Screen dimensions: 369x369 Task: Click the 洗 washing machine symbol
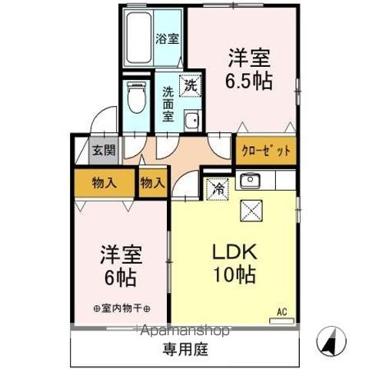coord(189,85)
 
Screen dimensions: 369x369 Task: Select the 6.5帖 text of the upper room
coord(248,82)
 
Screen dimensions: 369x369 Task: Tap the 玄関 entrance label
coord(103,151)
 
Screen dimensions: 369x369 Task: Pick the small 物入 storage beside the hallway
coord(152,183)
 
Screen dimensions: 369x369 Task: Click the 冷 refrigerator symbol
coord(217,187)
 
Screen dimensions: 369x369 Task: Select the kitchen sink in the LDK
coord(250,182)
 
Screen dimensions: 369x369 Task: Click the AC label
coord(282,313)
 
